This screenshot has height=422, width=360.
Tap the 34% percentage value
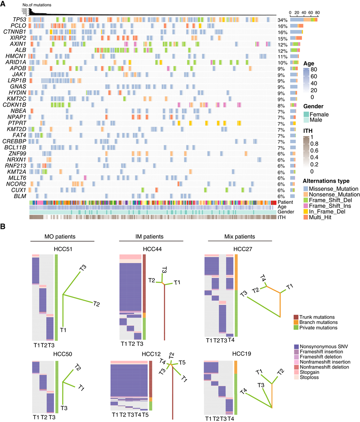282,20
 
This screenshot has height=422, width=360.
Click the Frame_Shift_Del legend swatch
306,200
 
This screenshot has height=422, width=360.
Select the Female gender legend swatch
306,114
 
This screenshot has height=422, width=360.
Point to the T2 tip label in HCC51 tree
96,305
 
